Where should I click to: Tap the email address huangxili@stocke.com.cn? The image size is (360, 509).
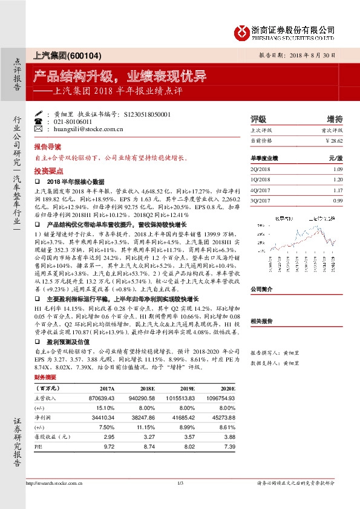pyautogui.click(x=88, y=129)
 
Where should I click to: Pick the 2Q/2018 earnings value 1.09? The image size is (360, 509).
pyautogui.click(x=338, y=169)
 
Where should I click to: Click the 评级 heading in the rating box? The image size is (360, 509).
pyautogui.click(x=258, y=119)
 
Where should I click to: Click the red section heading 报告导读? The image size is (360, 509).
pyautogui.click(x=47, y=147)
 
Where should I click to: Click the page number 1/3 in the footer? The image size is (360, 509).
pyautogui.click(x=180, y=483)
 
